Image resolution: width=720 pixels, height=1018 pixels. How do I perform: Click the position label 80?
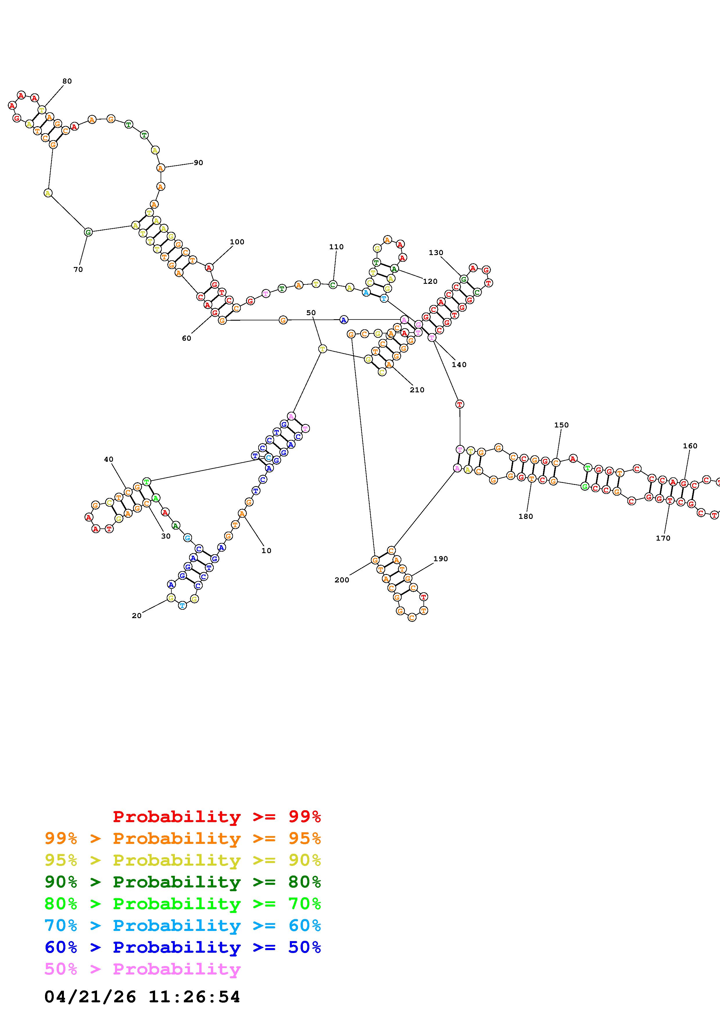(67, 81)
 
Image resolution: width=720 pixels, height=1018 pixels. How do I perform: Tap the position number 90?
(198, 163)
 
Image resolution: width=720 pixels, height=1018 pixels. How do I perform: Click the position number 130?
(436, 253)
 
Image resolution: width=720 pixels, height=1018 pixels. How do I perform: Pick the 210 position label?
(417, 390)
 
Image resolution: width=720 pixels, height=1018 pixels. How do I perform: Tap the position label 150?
(561, 425)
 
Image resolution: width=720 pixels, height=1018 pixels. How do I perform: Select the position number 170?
(663, 538)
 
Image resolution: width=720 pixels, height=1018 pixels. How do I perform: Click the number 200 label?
(342, 580)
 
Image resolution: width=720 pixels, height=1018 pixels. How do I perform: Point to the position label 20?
(137, 616)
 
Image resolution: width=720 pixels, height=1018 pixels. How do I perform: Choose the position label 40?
(109, 459)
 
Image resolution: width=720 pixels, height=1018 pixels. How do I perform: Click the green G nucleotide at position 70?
(88, 232)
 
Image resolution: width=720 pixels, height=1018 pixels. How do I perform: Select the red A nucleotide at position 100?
(209, 267)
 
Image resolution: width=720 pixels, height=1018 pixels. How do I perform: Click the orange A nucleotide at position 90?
(161, 168)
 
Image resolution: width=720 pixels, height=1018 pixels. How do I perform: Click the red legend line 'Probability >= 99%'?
(216, 817)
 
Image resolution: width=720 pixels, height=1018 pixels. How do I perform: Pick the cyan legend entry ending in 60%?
(183, 926)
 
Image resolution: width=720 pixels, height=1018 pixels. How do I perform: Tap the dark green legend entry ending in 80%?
(183, 882)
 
